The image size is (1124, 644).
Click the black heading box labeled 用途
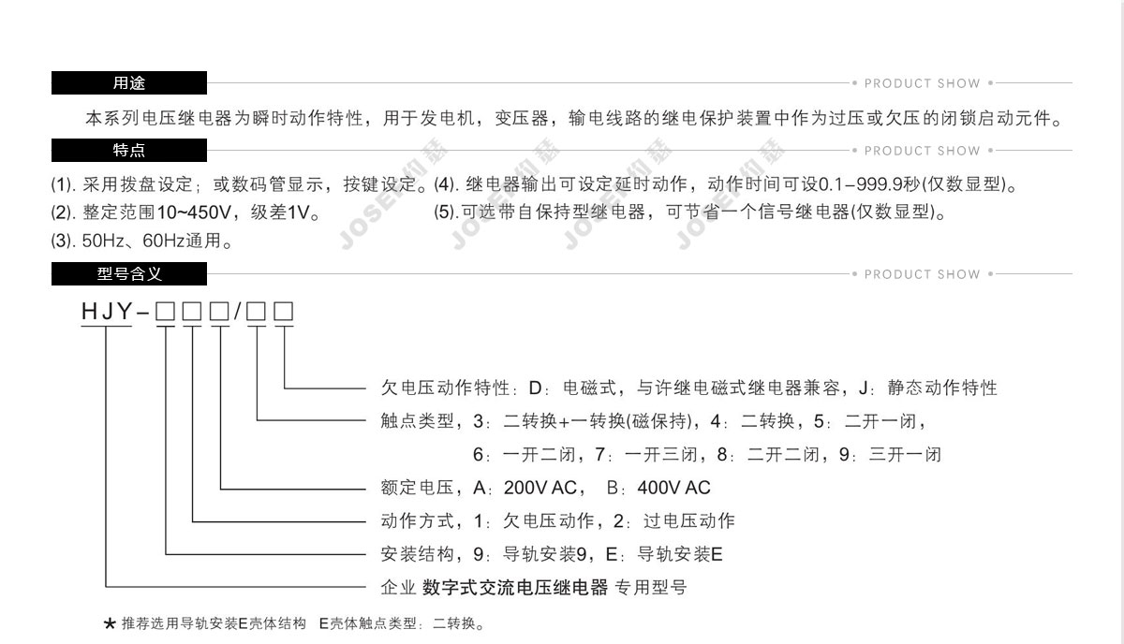click(129, 82)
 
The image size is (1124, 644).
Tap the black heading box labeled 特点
click(129, 150)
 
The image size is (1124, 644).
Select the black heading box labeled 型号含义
click(129, 274)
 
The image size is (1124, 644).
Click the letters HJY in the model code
click(107, 312)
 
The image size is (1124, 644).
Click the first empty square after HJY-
click(165, 312)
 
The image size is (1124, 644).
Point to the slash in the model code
click(237, 312)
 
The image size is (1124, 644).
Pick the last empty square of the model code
click(284, 312)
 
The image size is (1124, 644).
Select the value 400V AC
click(673, 488)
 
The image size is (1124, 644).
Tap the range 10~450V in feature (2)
click(194, 212)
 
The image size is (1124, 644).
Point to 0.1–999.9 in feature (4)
click(861, 184)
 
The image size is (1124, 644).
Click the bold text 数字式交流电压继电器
click(515, 587)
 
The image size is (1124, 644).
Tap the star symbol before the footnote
click(110, 624)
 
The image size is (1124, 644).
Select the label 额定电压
click(417, 488)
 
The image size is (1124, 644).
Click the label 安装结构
click(417, 554)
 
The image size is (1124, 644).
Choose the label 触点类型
click(417, 421)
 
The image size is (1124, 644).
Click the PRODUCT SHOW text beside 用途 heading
click(923, 83)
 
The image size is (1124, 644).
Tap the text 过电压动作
click(689, 520)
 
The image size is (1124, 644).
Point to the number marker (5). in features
click(446, 212)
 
